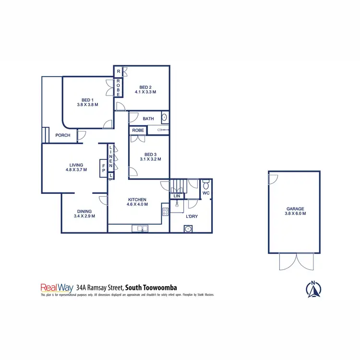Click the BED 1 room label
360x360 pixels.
point(87,99)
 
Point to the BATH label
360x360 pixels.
point(148,119)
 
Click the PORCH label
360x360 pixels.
point(63,135)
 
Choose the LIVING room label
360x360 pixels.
point(76,165)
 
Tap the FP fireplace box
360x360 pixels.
point(103,168)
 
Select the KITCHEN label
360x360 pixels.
point(137,200)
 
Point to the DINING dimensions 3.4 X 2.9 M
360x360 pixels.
point(84,216)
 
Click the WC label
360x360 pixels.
point(206,193)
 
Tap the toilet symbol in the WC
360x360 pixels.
point(205,184)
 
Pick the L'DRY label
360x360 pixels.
point(192,216)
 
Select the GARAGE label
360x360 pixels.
point(295,209)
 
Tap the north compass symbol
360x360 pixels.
point(313,288)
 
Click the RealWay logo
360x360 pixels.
point(57,288)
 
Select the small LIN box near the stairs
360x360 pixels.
point(176,196)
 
